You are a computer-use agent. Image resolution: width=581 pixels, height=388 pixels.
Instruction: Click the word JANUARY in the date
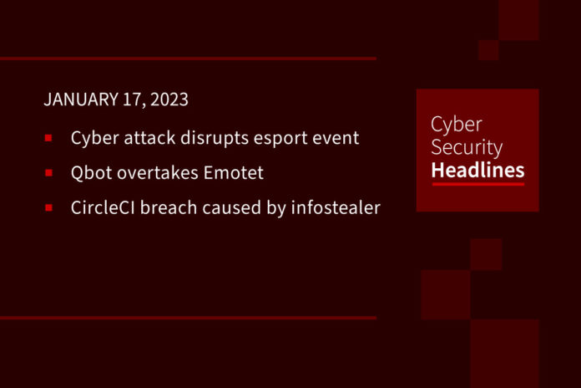81,100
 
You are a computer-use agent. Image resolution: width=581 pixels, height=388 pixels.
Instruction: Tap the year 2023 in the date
169,100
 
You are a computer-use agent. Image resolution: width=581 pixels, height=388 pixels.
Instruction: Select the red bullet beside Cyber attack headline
48,138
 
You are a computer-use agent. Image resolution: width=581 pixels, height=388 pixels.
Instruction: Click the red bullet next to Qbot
48,172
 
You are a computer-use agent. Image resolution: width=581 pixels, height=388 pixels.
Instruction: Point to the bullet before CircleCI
48,207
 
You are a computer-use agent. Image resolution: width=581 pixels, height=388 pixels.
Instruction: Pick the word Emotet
234,172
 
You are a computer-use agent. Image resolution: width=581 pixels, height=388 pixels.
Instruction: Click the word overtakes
158,172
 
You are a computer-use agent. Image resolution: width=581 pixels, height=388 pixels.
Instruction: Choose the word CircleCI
103,207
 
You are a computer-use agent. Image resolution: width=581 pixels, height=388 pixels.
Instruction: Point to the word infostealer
336,207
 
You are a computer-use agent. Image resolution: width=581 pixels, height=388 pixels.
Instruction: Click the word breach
169,207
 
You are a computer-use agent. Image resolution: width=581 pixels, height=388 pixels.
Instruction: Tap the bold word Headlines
478,171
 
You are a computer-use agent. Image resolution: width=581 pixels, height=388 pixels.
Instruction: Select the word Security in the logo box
467,148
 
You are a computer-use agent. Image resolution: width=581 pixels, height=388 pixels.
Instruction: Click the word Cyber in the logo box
457,125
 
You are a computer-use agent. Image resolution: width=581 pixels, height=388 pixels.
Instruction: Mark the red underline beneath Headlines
478,184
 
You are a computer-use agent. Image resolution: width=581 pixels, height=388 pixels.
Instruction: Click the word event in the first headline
336,139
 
